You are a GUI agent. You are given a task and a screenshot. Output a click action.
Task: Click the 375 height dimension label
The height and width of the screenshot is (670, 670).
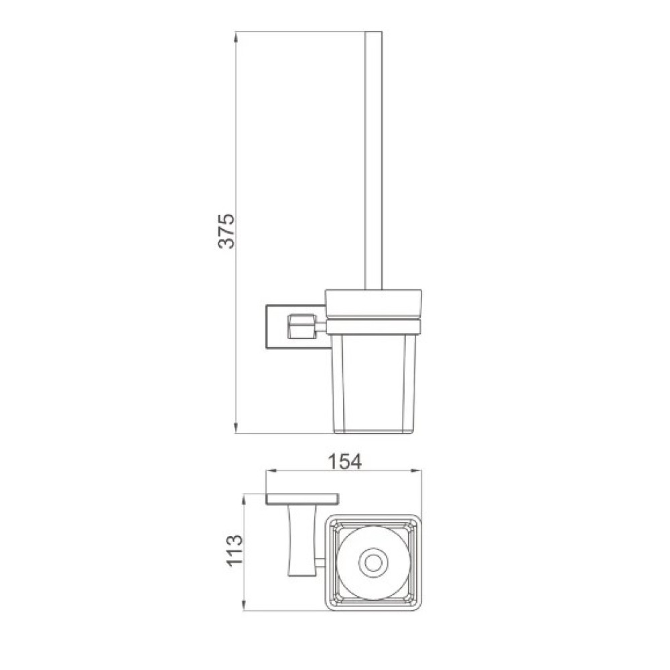(x=226, y=230)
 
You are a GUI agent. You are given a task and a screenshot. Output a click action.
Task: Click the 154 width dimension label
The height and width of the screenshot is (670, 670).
(x=344, y=462)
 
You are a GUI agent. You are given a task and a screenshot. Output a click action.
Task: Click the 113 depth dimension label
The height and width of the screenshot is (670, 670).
(x=234, y=551)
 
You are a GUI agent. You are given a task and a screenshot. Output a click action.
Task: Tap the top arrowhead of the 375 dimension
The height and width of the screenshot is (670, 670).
(x=236, y=37)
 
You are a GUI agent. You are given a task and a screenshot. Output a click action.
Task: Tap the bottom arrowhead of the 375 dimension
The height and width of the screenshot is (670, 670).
(x=236, y=427)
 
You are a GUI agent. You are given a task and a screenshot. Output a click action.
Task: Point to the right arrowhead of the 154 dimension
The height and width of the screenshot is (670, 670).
(x=416, y=471)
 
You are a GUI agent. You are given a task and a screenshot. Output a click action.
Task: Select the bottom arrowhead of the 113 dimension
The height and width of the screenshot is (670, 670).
(x=244, y=605)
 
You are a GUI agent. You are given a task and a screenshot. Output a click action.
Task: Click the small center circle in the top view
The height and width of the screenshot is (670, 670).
(x=373, y=563)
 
